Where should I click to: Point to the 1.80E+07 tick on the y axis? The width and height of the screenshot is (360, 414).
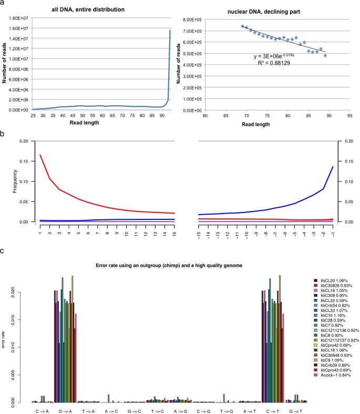point(18,19)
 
